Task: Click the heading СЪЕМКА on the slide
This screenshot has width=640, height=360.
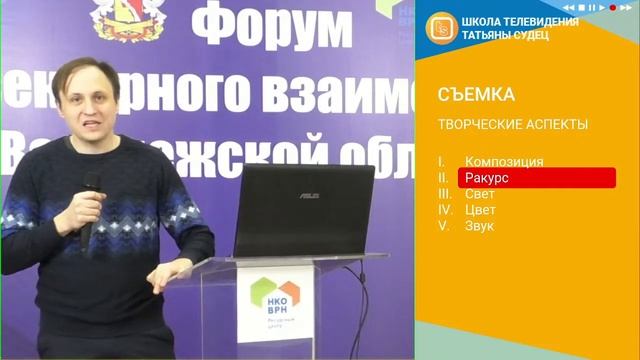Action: [x=476, y=95]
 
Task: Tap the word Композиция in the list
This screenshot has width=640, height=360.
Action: [x=504, y=161]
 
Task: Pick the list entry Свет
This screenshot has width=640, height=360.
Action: [x=480, y=194]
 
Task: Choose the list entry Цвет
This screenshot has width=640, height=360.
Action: [x=480, y=210]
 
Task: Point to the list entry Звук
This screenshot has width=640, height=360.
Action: [x=480, y=226]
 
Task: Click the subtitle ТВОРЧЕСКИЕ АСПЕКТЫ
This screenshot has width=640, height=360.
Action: [x=513, y=125]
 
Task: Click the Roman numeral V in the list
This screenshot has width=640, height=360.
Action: [x=442, y=226]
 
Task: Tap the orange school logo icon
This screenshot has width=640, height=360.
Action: [x=439, y=28]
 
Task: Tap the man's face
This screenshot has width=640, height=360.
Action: [x=96, y=106]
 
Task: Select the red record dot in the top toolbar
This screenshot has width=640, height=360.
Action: [x=612, y=7]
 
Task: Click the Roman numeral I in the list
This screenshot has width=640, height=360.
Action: [x=441, y=161]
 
